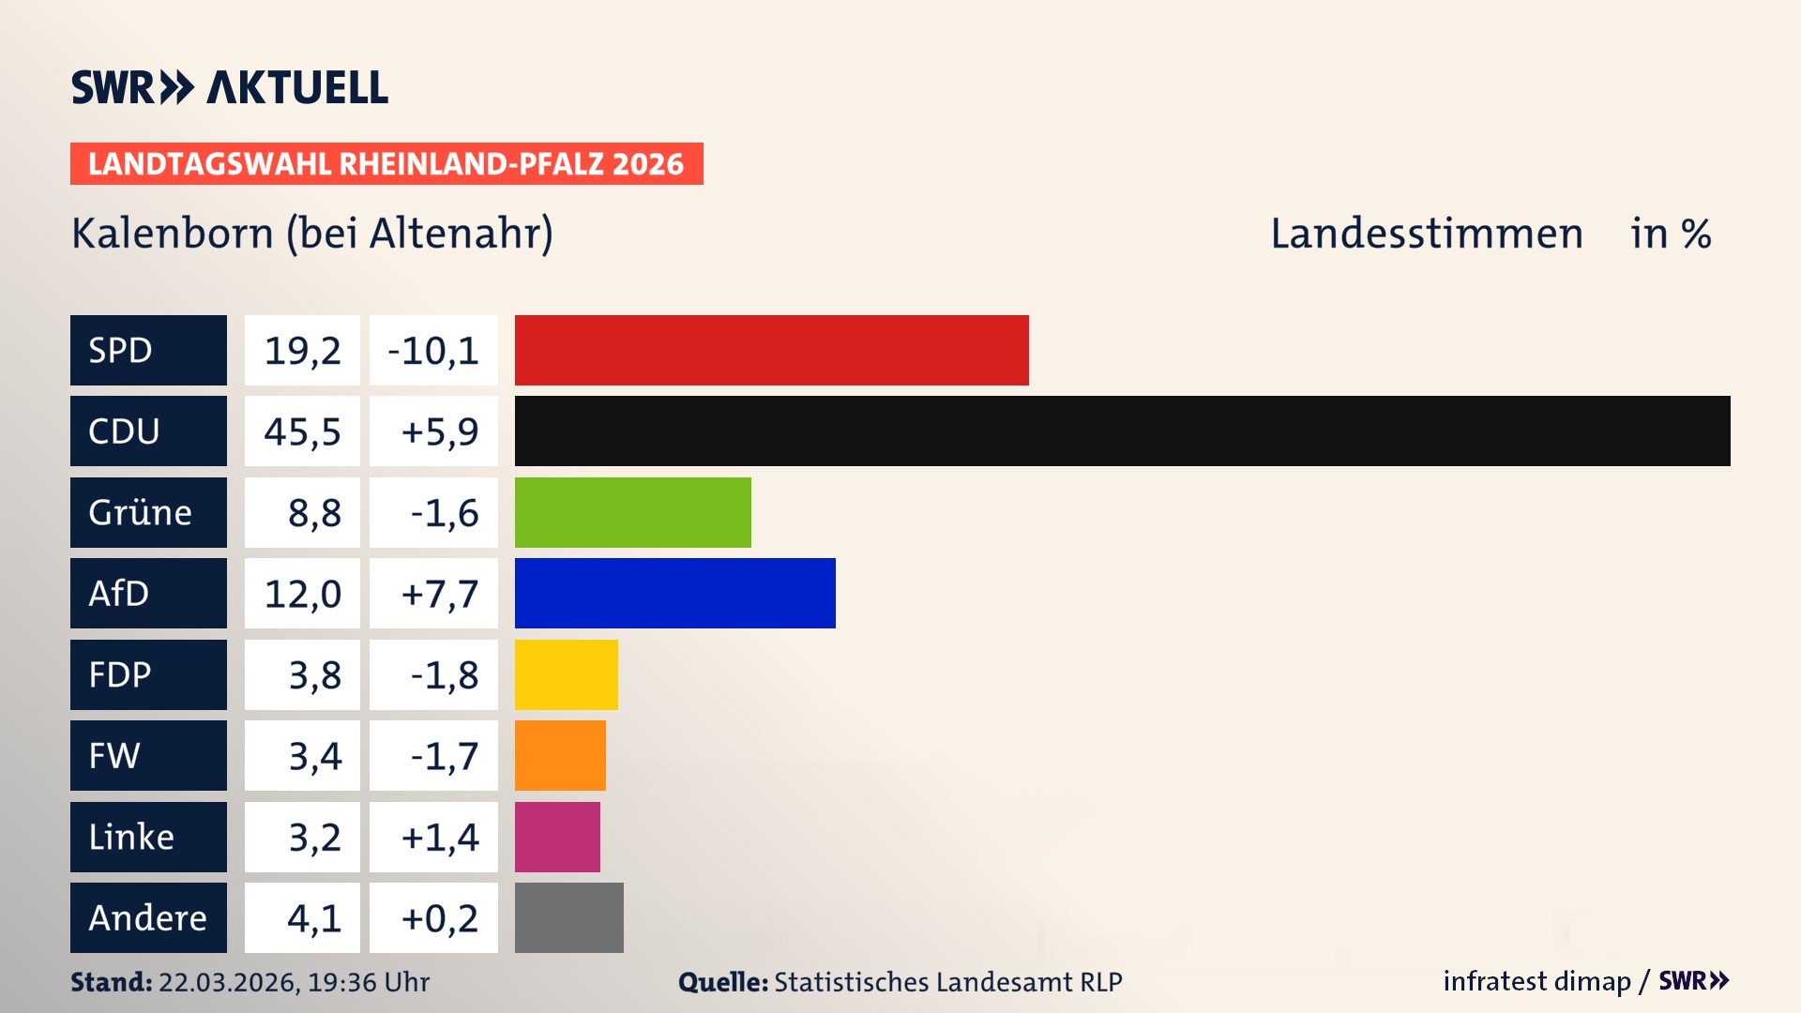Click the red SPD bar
(x=771, y=350)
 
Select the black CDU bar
(x=1122, y=431)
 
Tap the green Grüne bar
(x=632, y=512)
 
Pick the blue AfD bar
(x=674, y=593)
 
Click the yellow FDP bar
(x=566, y=674)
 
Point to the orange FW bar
(x=560, y=755)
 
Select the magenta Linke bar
(x=557, y=837)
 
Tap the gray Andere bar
(x=568, y=917)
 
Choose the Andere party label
(x=148, y=917)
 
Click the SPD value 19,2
(x=302, y=350)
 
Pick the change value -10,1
(x=433, y=350)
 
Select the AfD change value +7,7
(x=439, y=593)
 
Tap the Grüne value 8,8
(x=313, y=512)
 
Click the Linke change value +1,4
(x=439, y=837)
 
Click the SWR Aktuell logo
(x=229, y=87)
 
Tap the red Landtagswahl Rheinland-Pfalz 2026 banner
(x=386, y=163)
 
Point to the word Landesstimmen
(x=1426, y=233)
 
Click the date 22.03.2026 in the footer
(x=228, y=982)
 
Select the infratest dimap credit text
(x=1536, y=981)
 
